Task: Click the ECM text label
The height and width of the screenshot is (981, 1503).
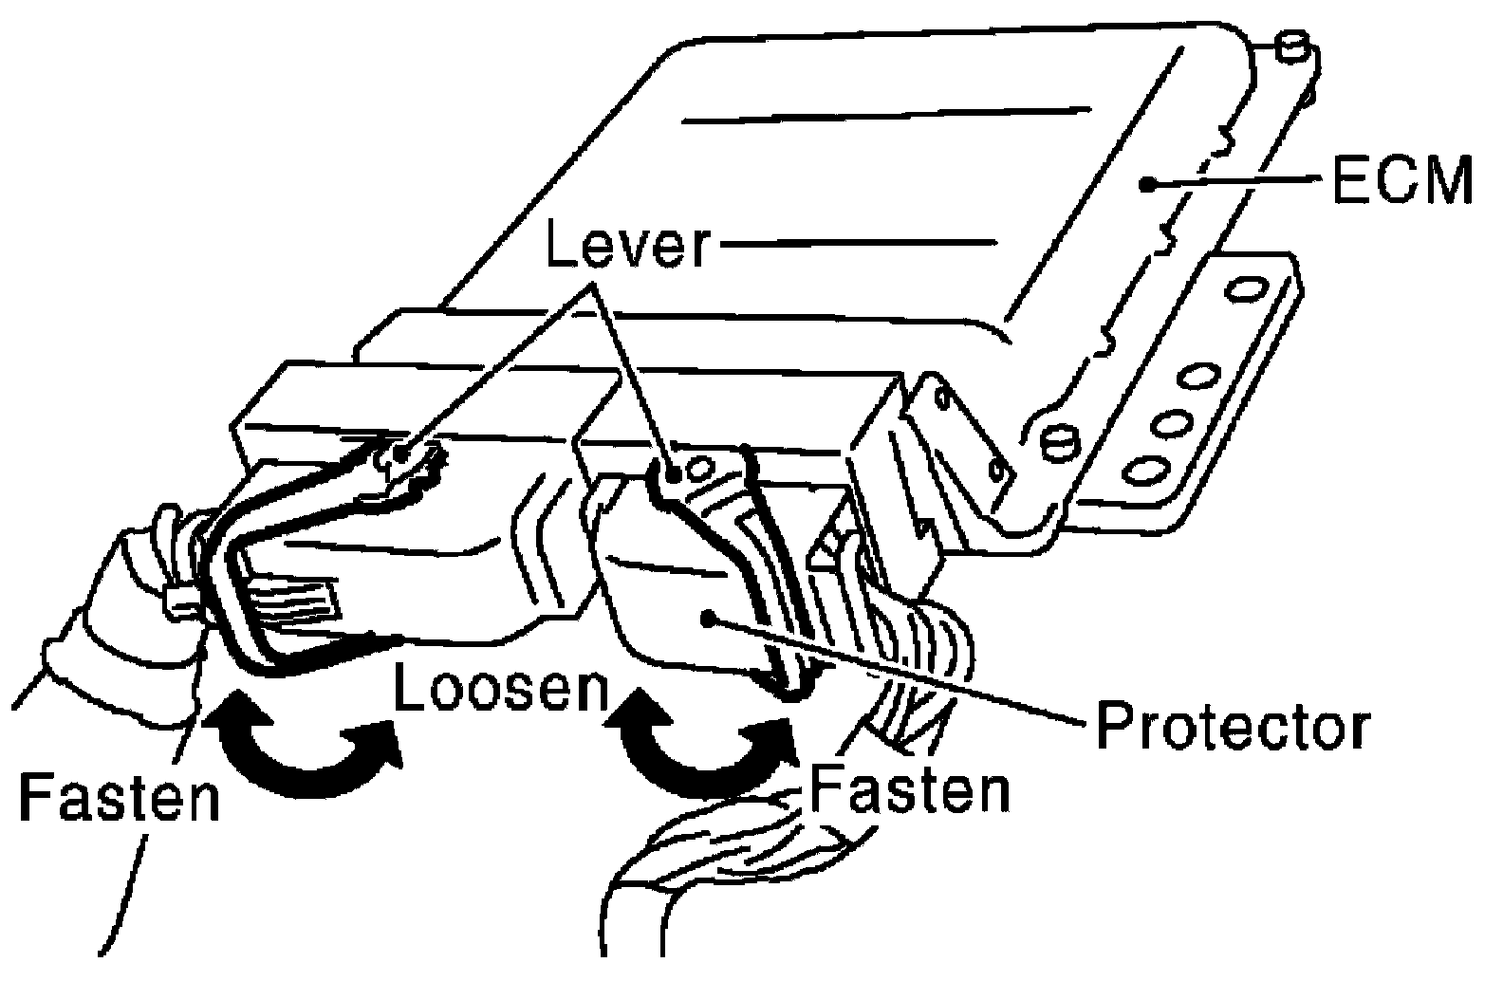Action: [x=1402, y=179]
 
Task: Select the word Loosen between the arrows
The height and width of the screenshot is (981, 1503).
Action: [x=502, y=686]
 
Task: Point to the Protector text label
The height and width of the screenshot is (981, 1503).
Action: [x=1232, y=726]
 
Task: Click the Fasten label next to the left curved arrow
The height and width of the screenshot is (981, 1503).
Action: [x=121, y=797]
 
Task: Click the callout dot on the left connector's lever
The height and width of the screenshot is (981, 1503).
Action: [x=400, y=454]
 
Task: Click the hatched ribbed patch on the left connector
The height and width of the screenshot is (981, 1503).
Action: [x=292, y=601]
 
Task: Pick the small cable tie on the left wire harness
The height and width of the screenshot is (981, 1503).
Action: [x=181, y=599]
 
